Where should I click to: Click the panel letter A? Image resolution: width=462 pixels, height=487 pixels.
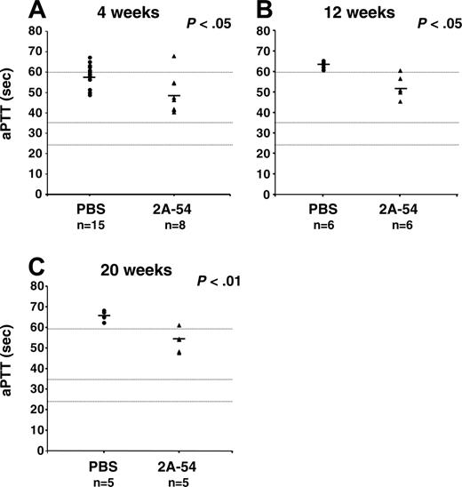coord(11,12)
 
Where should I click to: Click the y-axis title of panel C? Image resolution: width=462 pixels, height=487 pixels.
coord(12,370)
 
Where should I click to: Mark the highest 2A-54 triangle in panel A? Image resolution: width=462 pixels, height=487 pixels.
coord(174,56)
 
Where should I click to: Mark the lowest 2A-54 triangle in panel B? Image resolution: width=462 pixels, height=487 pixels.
coord(402,101)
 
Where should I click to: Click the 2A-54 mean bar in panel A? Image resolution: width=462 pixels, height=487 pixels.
coord(174,95)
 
